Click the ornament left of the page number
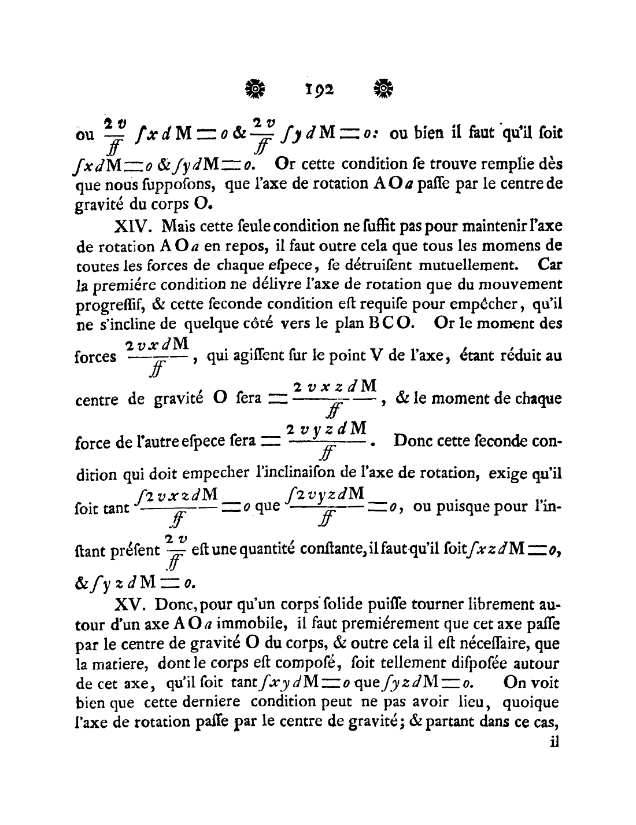pyautogui.click(x=255, y=89)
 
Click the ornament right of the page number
pyautogui.click(x=383, y=89)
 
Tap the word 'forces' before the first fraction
pyautogui.click(x=96, y=357)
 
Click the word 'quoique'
pyautogui.click(x=531, y=702)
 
